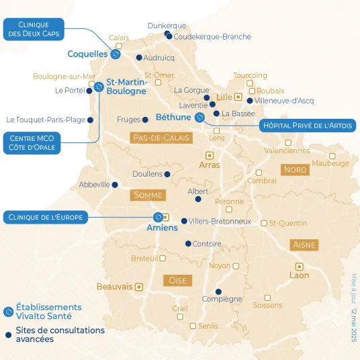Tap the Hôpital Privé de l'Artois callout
tap(308, 126)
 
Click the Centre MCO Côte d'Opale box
tap(32, 142)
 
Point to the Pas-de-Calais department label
tap(161, 138)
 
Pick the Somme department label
tap(148, 195)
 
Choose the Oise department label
tap(177, 279)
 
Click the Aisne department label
tap(304, 245)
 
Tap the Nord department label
tap(295, 170)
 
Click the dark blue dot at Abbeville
tap(115, 185)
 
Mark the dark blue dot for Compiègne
tap(219, 291)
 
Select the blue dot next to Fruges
tap(145, 120)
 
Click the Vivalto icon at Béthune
tap(199, 118)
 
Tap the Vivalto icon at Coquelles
tap(115, 54)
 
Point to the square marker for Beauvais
tap(139, 287)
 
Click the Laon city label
tap(299, 275)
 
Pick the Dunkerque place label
tap(167, 26)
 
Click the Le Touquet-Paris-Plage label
tap(46, 120)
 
